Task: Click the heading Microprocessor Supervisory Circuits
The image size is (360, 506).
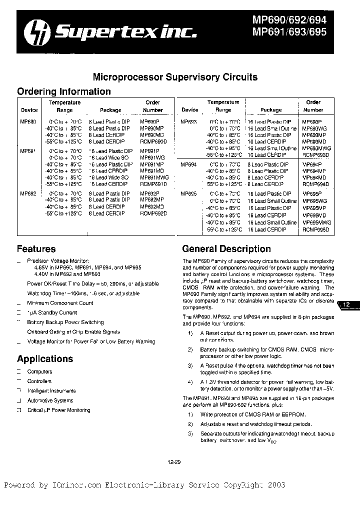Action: (175, 77)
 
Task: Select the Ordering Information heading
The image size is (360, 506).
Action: (64, 91)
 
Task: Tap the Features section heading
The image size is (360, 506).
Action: (36, 249)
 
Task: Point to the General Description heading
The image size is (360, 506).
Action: (226, 249)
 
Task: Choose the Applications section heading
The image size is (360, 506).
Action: (45, 359)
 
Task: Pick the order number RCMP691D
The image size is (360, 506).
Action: (153, 184)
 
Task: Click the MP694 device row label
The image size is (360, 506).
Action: (188, 164)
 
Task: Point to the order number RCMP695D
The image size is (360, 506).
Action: (316, 229)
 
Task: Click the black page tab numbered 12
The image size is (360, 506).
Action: (348, 304)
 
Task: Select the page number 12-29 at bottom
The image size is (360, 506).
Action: (174, 462)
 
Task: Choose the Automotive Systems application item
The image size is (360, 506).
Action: (50, 400)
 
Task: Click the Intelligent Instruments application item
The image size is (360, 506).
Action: (51, 391)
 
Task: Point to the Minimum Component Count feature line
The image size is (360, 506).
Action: (60, 303)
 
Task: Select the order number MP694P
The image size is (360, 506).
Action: (312, 164)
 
